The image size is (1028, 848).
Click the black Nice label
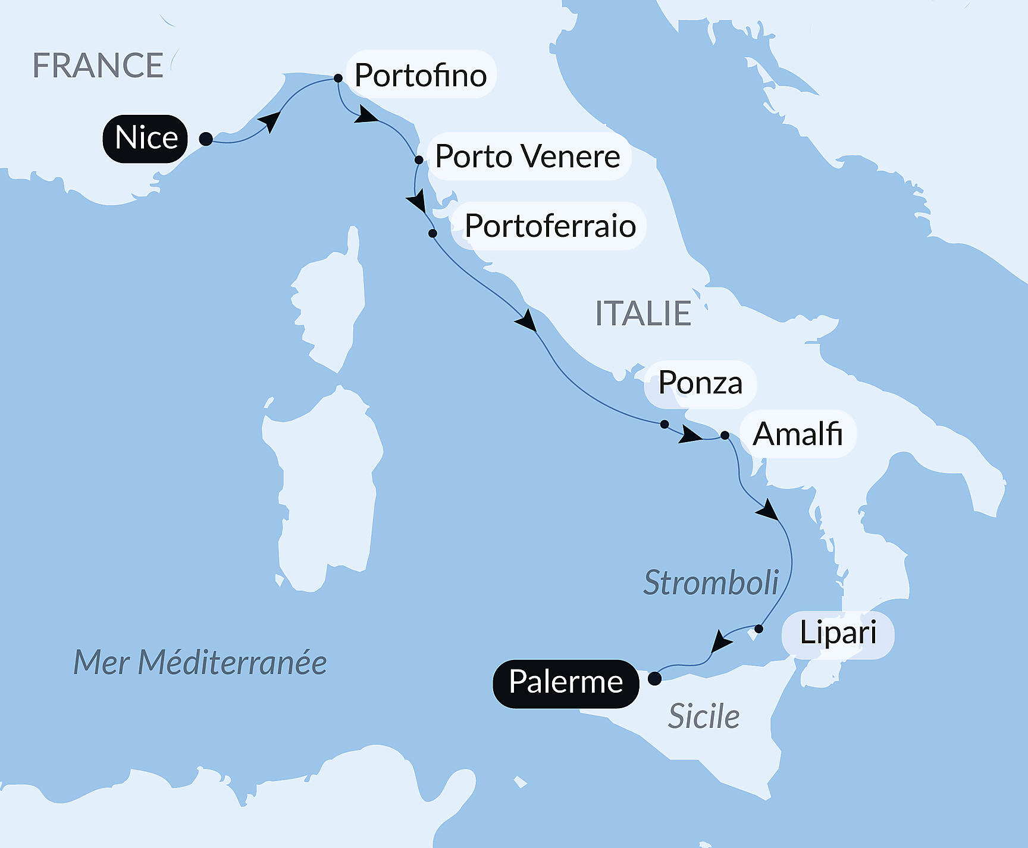(x=146, y=139)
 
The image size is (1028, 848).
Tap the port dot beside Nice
(x=206, y=139)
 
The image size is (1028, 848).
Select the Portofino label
(x=421, y=75)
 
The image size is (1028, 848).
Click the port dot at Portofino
(x=338, y=78)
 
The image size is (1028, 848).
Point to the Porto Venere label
(x=528, y=157)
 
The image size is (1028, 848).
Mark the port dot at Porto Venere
(x=419, y=160)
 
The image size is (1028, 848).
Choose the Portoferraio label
(x=550, y=226)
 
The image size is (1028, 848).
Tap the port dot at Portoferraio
(x=432, y=233)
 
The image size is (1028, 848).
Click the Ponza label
(x=700, y=384)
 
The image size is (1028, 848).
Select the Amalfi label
(x=797, y=434)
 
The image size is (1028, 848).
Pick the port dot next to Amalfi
(x=725, y=436)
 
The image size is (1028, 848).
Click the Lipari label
(x=838, y=633)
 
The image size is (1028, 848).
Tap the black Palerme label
(x=566, y=683)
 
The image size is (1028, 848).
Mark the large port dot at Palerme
(x=654, y=678)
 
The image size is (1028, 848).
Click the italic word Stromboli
(x=711, y=583)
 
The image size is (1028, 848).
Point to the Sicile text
(x=704, y=716)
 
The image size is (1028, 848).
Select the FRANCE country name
(x=98, y=65)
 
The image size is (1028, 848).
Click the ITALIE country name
(x=642, y=314)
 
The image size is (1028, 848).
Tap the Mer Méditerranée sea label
(x=200, y=662)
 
